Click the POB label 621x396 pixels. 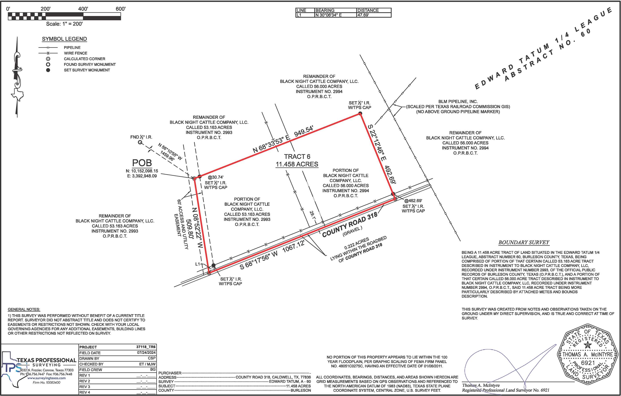(142, 163)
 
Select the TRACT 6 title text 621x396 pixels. (297, 157)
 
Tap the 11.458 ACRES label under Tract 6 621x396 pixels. (297, 164)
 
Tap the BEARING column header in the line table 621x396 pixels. (325, 10)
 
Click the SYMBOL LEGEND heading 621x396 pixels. (64, 39)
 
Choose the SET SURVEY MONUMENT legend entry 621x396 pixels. (87, 70)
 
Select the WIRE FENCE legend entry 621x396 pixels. (76, 53)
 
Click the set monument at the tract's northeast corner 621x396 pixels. (360, 114)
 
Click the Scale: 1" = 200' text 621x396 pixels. (64, 24)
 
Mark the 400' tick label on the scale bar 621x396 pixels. (83, 9)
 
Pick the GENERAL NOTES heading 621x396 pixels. (24, 309)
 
